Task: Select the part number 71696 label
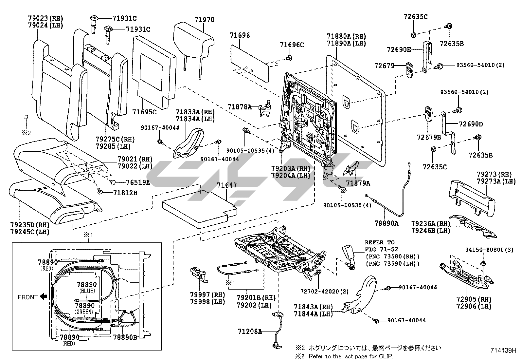(x=240, y=35)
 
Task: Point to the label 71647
(x=227, y=185)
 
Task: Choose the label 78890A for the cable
(x=386, y=223)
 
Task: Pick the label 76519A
(x=138, y=182)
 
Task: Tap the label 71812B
(x=125, y=193)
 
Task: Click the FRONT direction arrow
(x=43, y=297)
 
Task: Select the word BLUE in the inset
(x=87, y=291)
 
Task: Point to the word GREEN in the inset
(x=84, y=312)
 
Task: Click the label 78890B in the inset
(x=125, y=337)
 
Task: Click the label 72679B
(x=429, y=137)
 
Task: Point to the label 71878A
(x=240, y=107)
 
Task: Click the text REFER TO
(x=380, y=243)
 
